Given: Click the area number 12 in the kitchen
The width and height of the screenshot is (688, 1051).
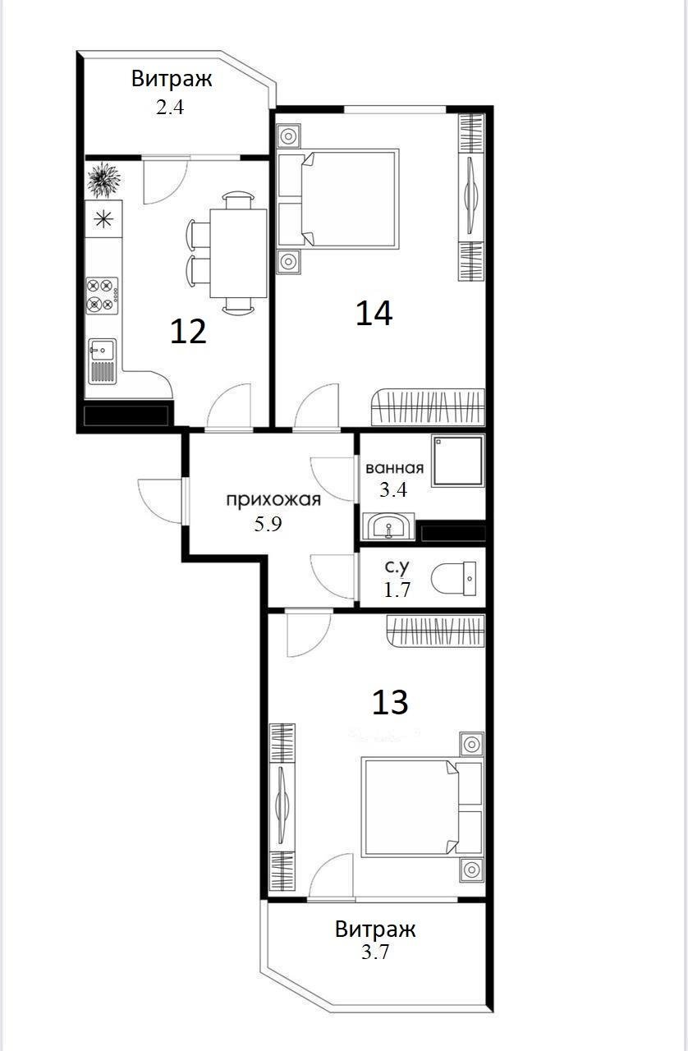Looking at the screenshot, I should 188,331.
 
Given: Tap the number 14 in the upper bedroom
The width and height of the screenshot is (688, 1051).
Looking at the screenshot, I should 374,313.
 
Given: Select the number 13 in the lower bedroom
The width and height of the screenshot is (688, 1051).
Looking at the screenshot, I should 390,702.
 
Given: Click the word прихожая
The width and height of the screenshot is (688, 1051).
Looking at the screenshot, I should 273,499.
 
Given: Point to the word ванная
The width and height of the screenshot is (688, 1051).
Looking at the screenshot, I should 394,469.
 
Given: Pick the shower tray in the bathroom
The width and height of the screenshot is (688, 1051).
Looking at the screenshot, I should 457,461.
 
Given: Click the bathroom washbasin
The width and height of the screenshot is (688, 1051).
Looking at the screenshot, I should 388,525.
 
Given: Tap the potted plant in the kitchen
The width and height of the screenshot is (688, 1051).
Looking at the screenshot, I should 104,180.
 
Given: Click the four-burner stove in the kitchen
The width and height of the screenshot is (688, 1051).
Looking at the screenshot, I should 103,294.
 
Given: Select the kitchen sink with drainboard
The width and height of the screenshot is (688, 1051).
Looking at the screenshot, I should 103,360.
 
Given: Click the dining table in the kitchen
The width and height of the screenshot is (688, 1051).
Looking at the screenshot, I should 238,253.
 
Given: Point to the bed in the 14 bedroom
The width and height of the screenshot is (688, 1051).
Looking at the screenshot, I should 338,198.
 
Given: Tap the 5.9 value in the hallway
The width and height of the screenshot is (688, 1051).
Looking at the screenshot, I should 268,525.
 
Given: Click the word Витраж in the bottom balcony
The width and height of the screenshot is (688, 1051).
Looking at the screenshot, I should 375,929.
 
